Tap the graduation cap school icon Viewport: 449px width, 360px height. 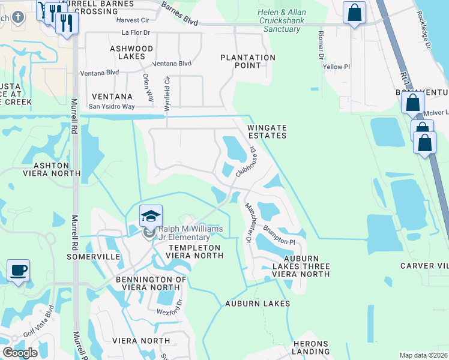[x=151, y=215]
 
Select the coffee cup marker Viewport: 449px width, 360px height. [x=18, y=270]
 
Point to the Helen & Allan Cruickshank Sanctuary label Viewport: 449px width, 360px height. [x=281, y=21]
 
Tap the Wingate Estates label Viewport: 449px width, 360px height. [x=267, y=131]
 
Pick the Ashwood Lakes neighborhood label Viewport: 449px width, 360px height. [x=131, y=52]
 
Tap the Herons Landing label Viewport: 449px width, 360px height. [x=310, y=347]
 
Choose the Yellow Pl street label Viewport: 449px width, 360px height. [x=336, y=67]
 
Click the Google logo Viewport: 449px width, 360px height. [x=20, y=353]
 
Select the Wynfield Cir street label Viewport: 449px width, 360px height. [x=167, y=92]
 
